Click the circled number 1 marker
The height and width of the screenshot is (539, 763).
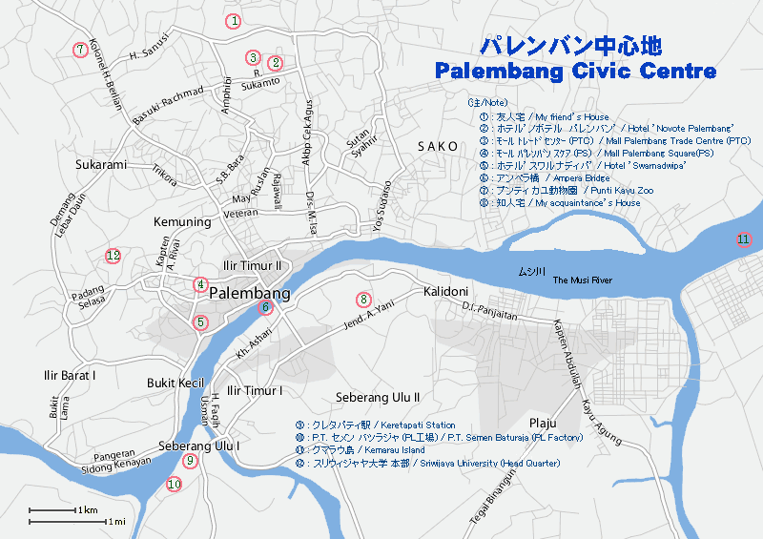tap(234, 20)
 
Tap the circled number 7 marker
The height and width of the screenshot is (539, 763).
tap(80, 49)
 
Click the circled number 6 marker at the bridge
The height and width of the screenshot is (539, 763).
tap(265, 307)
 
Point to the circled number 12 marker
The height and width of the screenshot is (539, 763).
tap(113, 255)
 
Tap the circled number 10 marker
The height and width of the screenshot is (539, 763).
tap(174, 484)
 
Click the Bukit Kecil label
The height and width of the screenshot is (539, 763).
tap(175, 383)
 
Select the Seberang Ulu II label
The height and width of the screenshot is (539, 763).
tap(378, 397)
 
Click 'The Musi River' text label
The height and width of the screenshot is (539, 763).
tap(582, 280)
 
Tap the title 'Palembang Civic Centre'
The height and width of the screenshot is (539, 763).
tap(574, 72)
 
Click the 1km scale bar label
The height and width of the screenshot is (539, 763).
tap(88, 510)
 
